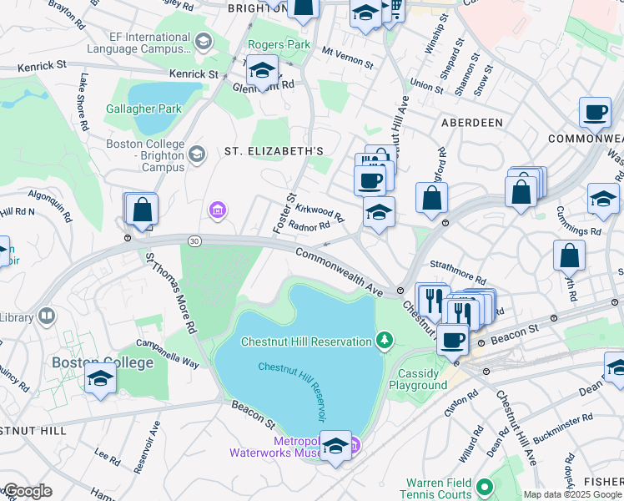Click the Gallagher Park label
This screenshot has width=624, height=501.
tap(133, 109)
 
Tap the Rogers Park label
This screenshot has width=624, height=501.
tap(279, 44)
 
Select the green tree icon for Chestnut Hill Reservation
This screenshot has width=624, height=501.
tap(384, 340)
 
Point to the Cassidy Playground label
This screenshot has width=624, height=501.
tap(418, 379)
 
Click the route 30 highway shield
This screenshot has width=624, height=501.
tap(194, 240)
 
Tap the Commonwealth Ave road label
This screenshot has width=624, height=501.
tap(338, 272)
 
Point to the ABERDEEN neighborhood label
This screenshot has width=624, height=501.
tap(472, 123)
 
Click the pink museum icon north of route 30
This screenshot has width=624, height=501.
tap(218, 209)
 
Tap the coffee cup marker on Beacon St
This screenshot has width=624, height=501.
tap(452, 341)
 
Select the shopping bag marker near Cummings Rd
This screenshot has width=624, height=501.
tap(569, 255)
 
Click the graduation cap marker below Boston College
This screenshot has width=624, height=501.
tap(100, 380)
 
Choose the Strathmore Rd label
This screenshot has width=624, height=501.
tap(458, 278)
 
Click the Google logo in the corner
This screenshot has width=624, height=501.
tap(28, 491)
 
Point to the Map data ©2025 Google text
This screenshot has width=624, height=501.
tap(572, 494)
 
